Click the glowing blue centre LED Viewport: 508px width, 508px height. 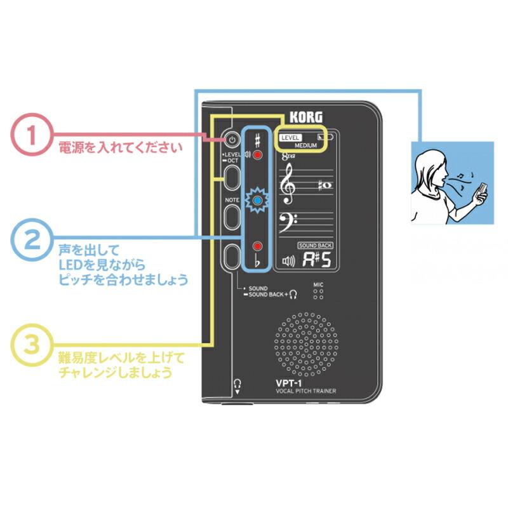(257, 201)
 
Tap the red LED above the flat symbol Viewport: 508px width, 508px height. (257, 246)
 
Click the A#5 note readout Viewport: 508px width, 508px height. (316, 260)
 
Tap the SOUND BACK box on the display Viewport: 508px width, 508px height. (316, 245)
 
